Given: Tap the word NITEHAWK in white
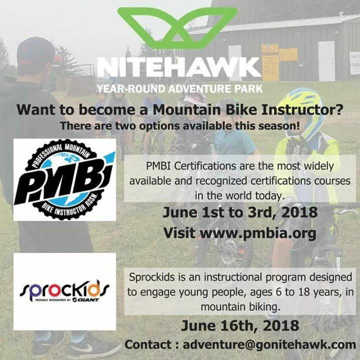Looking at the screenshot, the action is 179,67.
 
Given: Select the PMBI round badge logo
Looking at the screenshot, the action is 64,179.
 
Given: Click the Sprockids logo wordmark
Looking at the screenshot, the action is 64,289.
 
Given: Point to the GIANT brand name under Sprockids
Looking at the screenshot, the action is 85,300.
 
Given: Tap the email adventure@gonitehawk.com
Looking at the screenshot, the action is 269,345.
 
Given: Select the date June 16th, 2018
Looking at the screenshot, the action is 240,326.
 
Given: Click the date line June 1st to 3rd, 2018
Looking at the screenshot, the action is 240,212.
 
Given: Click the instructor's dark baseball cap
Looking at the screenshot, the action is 36,51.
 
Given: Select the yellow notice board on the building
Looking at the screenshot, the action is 270,62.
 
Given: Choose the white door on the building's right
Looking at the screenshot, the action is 326,61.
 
